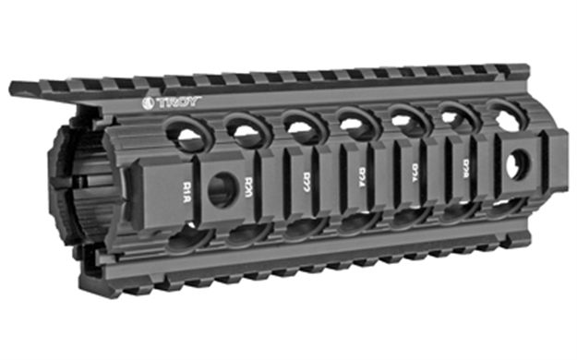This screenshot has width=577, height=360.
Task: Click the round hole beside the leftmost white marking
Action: click(222, 189)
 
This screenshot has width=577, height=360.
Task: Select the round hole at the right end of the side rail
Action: click(515, 166)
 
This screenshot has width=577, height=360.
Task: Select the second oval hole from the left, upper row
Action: click(246, 131)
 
